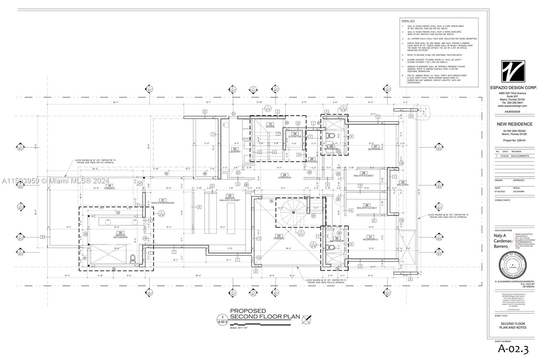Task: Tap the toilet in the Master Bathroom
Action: (133, 259)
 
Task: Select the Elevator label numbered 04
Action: (295, 135)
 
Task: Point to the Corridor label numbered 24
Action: (285, 176)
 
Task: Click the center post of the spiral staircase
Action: (293, 213)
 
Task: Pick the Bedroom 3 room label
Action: (375, 148)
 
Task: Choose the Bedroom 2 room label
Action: (370, 238)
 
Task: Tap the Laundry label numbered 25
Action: (235, 150)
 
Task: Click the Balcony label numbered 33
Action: (403, 183)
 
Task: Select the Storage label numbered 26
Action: (311, 160)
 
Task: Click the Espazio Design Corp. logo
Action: (513, 71)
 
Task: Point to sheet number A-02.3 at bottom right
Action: (513, 349)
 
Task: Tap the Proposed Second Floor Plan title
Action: (265, 314)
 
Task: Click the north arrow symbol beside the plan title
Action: (307, 319)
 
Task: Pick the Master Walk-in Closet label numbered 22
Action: (230, 198)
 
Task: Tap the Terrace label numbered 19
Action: (109, 187)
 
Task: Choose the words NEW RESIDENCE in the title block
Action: (514, 124)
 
